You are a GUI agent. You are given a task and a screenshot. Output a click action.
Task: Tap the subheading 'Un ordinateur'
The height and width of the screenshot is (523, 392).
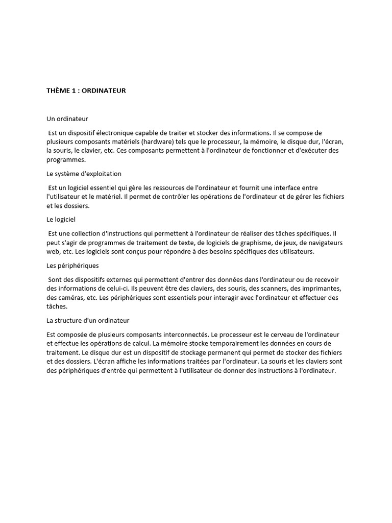tap(67, 118)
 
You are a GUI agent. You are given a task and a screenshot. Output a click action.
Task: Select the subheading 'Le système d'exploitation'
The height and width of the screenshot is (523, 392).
tap(84, 174)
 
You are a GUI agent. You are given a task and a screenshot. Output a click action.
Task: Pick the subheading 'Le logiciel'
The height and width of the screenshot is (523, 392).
tap(61, 220)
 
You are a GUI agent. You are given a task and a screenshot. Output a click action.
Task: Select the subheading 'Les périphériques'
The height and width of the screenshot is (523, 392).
tap(72, 266)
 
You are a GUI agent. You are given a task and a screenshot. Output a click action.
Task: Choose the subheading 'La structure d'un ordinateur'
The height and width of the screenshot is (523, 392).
tap(88, 321)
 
